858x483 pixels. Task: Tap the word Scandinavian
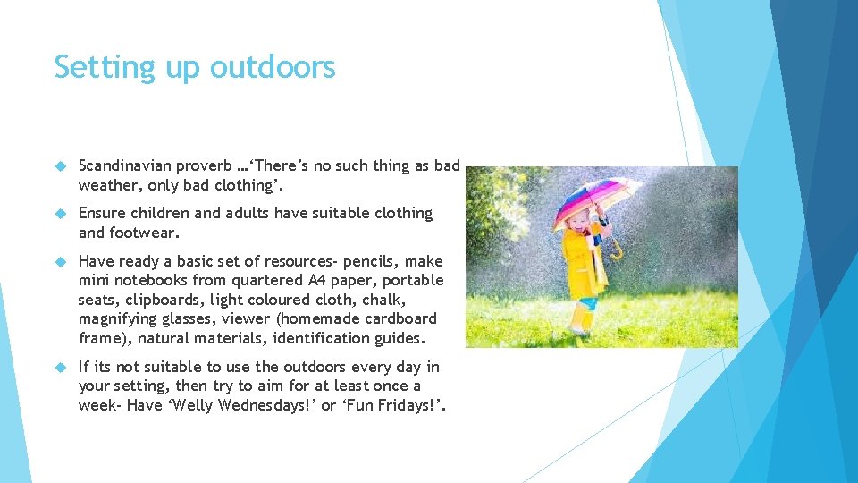[x=124, y=165]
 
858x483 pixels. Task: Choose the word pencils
[x=368, y=261]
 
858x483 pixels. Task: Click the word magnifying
[x=120, y=318]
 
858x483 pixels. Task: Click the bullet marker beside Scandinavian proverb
[x=61, y=166]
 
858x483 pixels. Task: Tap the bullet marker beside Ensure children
[x=61, y=214]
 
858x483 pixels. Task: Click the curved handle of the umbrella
[x=615, y=250]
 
